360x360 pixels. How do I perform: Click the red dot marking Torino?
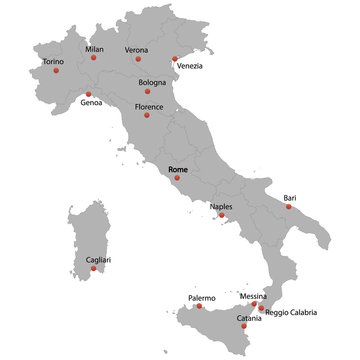coord(55,72)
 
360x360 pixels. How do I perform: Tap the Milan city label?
coord(94,48)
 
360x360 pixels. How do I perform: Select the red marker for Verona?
coord(138,59)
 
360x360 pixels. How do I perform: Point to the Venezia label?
coord(190,66)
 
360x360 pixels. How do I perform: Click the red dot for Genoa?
coord(88,94)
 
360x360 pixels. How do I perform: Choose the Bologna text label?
coord(152,82)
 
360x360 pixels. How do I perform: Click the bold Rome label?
coord(179,171)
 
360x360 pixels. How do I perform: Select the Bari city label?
coord(290,198)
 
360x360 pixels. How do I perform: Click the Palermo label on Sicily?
coord(202,298)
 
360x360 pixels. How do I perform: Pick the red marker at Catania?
coord(244,326)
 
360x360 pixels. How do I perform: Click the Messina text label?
coord(253,296)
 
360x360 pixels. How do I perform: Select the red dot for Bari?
coord(289,207)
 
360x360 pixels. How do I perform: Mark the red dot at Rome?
coord(177,179)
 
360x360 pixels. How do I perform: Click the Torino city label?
coord(54,61)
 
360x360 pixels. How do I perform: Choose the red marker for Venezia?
coord(175,58)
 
